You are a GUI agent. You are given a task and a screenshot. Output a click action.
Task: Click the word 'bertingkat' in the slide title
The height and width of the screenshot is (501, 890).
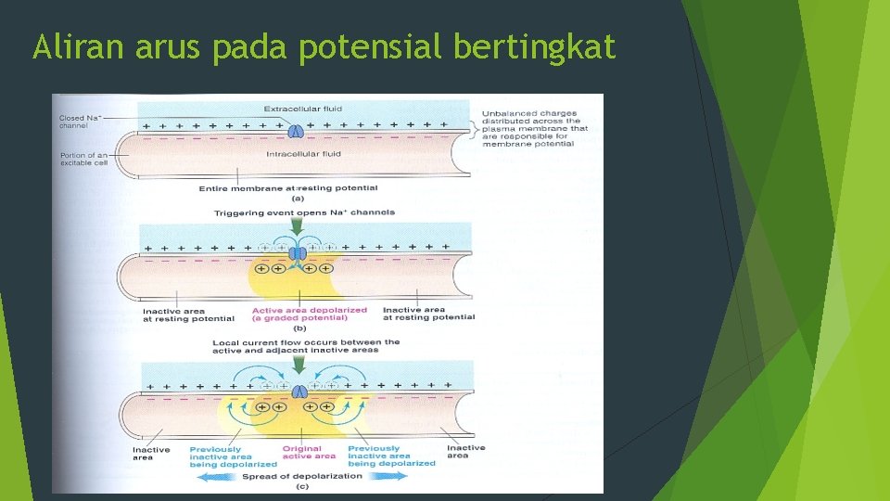click(534, 46)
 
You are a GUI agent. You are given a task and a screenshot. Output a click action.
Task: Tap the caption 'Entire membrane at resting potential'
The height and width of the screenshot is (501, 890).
click(288, 188)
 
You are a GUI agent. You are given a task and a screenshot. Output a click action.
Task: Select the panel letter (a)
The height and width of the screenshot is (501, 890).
click(298, 198)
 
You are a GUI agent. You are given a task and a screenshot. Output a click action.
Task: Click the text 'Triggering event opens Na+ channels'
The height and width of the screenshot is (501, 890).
click(304, 212)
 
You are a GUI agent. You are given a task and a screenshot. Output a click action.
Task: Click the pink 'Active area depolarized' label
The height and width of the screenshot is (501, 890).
click(309, 315)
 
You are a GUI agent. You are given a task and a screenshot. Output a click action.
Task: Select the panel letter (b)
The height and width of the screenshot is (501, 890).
click(299, 329)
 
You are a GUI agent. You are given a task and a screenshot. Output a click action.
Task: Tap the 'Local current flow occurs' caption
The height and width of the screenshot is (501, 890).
click(306, 345)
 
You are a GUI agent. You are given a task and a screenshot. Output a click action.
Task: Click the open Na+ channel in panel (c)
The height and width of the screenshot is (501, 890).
click(300, 392)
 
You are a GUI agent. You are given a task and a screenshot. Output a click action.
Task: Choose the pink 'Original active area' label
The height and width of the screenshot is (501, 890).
click(309, 453)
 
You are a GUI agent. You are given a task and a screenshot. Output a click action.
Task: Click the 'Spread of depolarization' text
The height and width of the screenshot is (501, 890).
click(302, 476)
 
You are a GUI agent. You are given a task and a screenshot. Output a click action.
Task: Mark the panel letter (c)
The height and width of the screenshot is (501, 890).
click(301, 486)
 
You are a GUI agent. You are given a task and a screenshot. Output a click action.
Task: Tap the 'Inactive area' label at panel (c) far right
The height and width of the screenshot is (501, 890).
click(465, 452)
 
